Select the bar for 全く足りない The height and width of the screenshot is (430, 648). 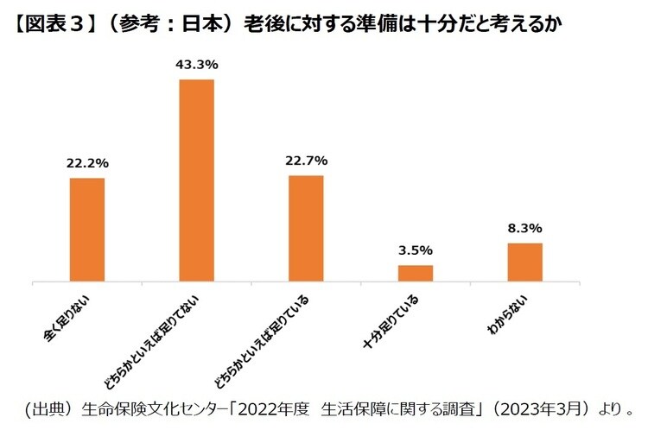pos(86,230)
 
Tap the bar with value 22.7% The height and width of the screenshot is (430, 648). pos(306,228)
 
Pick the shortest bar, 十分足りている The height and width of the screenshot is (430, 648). pos(415,273)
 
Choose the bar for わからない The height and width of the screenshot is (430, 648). pos(524,262)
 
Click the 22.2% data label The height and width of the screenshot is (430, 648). pos(86,163)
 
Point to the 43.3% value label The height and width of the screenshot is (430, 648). pos(196,65)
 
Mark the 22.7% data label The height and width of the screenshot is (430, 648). pos(306,161)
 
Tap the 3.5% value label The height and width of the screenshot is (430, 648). pos(416,250)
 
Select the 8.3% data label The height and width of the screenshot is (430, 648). pos(524,229)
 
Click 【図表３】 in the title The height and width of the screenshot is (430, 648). pos(54,23)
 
